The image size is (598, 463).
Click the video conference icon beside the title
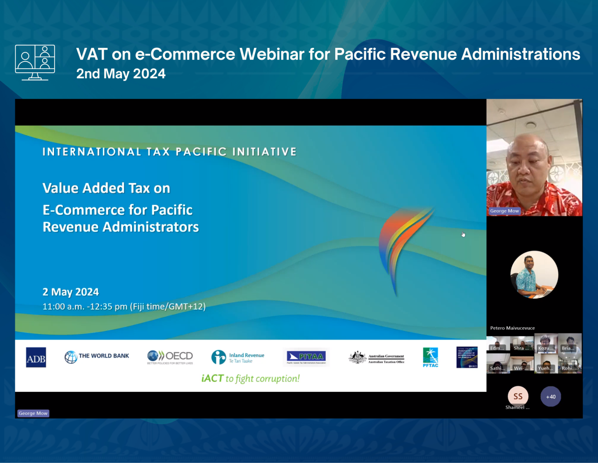pos(35,62)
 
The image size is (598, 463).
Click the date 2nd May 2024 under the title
pos(121,74)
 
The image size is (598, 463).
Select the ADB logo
pos(36,357)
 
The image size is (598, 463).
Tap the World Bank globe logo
pos(71,357)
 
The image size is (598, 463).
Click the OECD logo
pos(170,356)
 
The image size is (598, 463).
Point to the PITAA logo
pos(306,357)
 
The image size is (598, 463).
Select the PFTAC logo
pos(430,357)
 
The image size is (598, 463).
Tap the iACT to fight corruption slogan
pos(250,379)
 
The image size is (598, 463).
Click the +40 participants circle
pos(551,396)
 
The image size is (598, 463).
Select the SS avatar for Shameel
pos(518,396)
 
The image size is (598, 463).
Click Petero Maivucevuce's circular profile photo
pos(534,275)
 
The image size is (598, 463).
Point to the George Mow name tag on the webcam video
pos(504,211)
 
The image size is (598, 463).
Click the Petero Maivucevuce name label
pos(512,328)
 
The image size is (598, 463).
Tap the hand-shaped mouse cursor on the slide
pos(463,234)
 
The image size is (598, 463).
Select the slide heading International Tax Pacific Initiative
pos(169,152)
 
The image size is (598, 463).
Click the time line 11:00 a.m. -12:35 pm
pos(124,307)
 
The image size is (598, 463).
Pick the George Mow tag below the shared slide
pos(33,413)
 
